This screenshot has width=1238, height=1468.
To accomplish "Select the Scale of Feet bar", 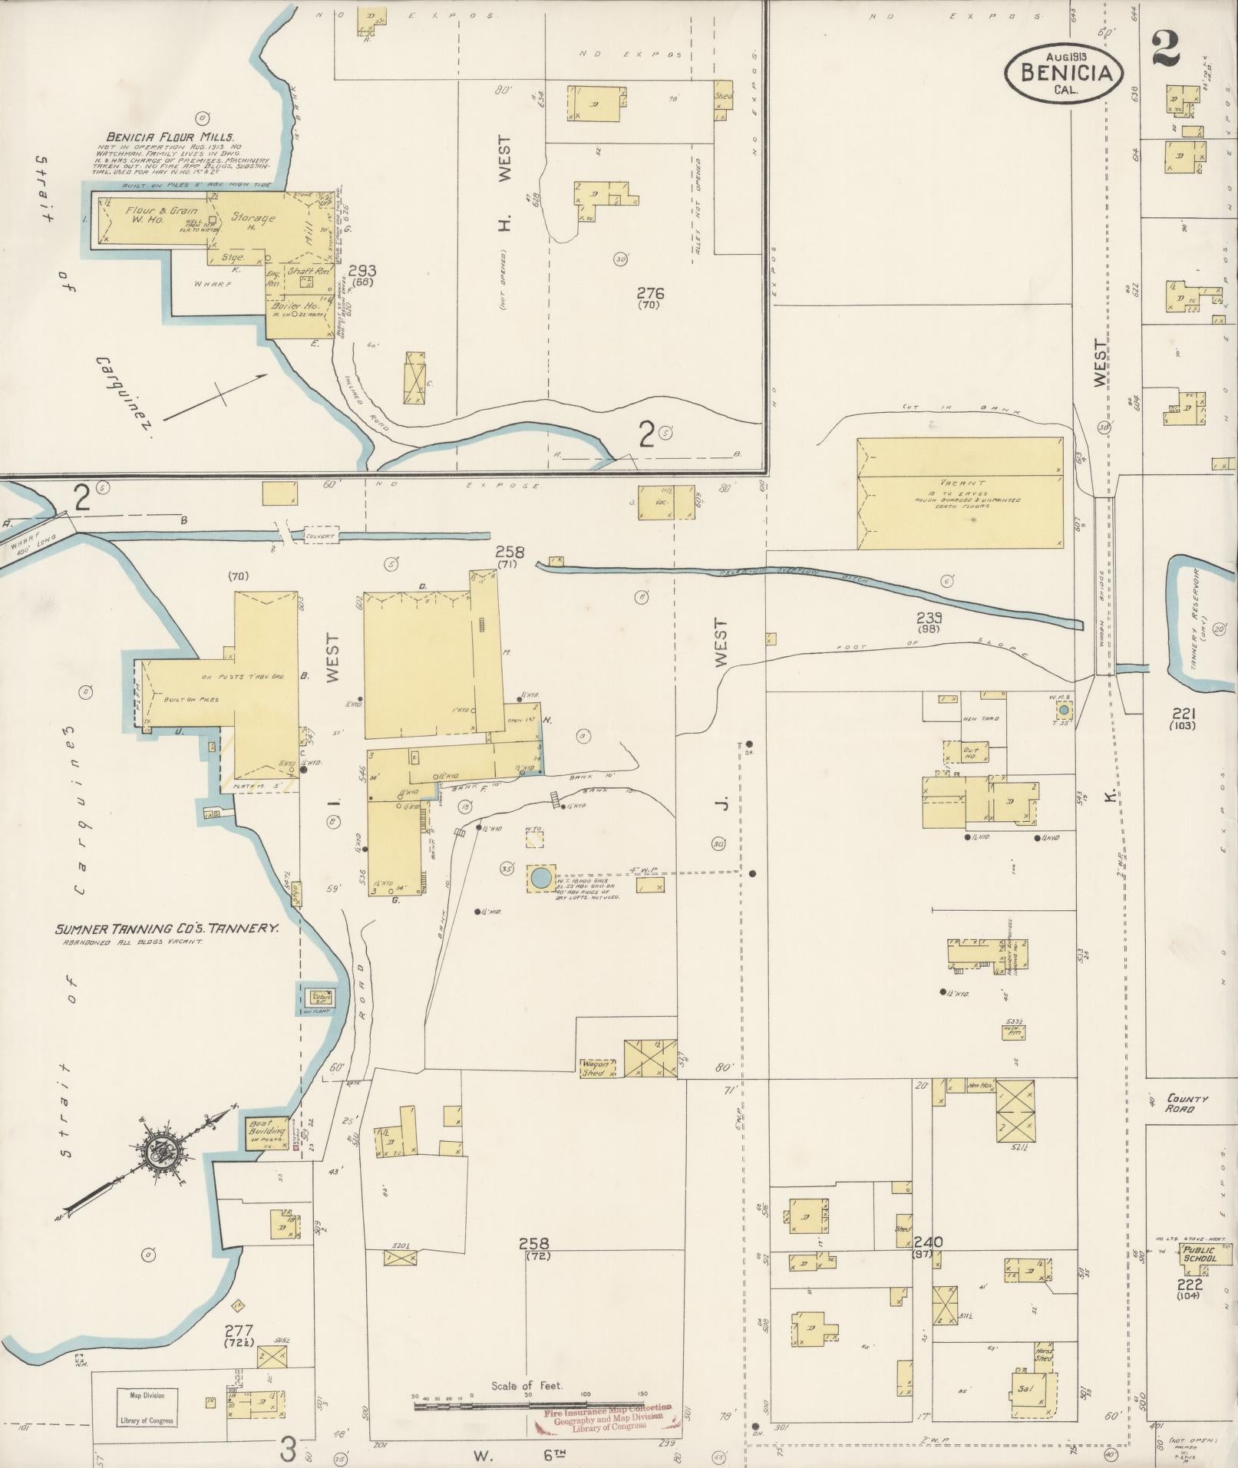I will coord(530,1406).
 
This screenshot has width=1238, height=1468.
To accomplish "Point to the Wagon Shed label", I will coord(597,1069).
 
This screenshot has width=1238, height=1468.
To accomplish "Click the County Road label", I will coord(1186,1103).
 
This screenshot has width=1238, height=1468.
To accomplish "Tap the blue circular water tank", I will coord(540,876).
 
